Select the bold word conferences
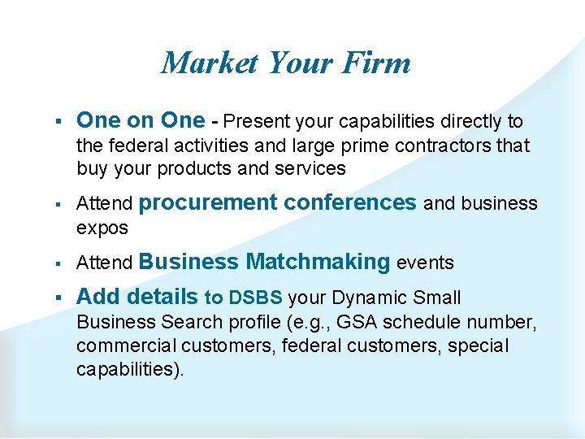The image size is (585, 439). (x=352, y=202)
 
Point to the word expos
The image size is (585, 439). (x=102, y=228)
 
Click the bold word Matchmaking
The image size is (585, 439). (x=318, y=262)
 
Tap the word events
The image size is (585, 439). (x=425, y=263)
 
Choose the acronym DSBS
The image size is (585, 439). (x=256, y=298)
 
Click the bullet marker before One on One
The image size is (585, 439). (x=60, y=122)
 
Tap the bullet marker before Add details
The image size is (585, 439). (x=60, y=298)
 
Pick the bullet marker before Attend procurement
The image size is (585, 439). (x=60, y=203)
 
